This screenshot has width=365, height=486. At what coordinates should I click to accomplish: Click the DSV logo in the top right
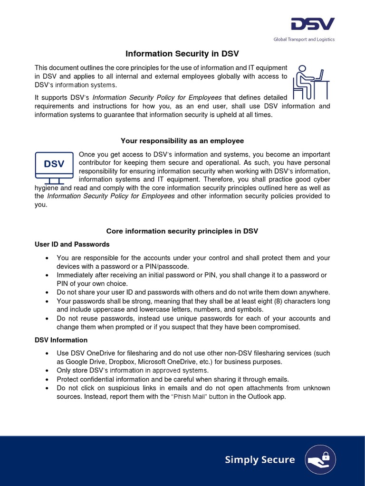coord(313,25)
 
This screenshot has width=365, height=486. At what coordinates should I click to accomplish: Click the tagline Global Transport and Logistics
coord(304,39)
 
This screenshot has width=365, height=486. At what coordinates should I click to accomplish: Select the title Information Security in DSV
coord(182,54)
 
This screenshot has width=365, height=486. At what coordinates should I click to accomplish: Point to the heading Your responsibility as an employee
coord(182,141)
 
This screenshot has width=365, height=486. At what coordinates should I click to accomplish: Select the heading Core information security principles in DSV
coord(182,231)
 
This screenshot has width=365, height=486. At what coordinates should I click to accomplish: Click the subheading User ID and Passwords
coord(72,244)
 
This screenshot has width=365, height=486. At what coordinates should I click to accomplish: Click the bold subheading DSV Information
coord(61,340)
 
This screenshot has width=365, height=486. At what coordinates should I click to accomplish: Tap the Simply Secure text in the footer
coord(259,459)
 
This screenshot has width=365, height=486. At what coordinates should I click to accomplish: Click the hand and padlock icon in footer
coord(321,459)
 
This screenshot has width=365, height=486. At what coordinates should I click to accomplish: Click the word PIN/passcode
coord(175,267)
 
